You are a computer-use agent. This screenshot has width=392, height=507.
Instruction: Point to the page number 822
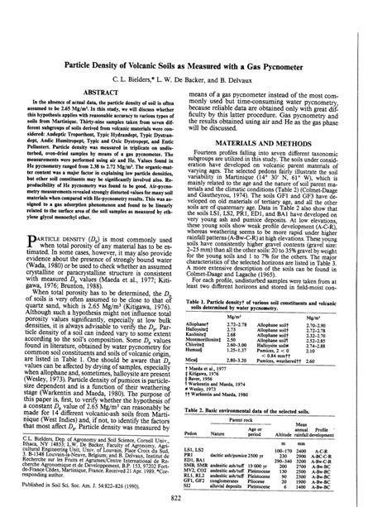(x=196, y=498)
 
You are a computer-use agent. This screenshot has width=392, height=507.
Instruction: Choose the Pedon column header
(x=213, y=412)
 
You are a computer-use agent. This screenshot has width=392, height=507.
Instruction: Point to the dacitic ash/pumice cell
(x=248, y=435)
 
